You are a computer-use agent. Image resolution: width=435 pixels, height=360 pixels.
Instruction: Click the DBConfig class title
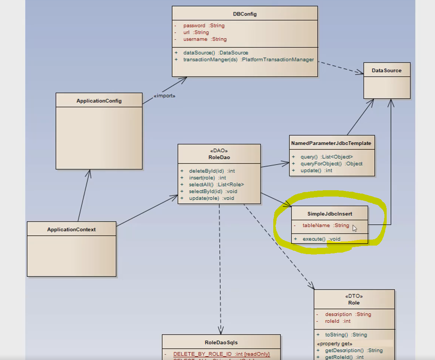245,14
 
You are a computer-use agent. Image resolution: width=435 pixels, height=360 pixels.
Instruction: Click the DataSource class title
387,70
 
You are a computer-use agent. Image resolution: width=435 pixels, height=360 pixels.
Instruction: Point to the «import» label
164,96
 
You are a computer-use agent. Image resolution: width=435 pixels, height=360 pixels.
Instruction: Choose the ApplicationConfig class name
99,101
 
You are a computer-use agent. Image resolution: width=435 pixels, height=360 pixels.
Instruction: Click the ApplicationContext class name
71,230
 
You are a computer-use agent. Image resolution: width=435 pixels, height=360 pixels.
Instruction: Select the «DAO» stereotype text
219,151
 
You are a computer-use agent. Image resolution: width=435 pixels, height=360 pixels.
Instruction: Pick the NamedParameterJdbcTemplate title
331,143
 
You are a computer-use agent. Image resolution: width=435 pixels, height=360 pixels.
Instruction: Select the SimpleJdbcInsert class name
330,214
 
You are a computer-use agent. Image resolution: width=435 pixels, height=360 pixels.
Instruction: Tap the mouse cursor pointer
354,228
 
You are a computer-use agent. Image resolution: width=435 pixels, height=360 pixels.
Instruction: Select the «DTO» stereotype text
354,296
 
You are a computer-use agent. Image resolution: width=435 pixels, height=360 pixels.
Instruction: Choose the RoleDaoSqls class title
221,343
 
